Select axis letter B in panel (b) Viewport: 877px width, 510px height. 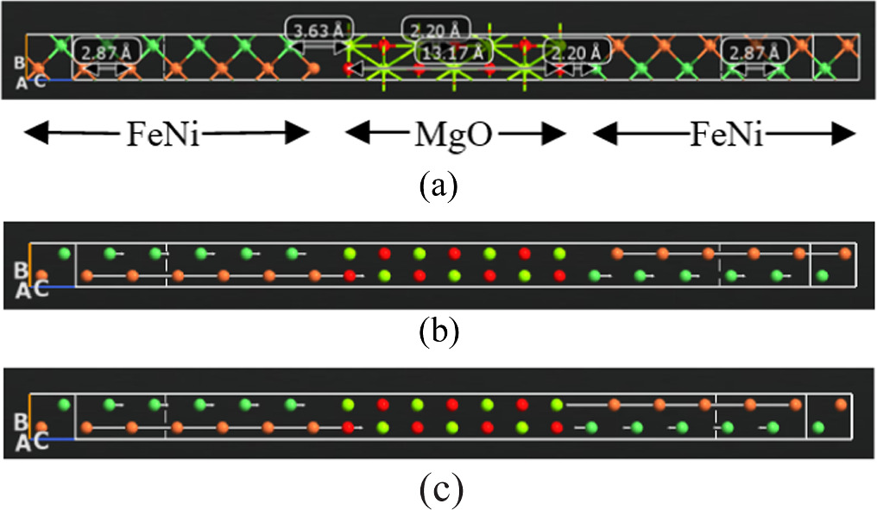coord(21,270)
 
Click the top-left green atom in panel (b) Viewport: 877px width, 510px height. coord(64,253)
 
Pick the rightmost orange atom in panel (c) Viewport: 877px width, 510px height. coord(842,404)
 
